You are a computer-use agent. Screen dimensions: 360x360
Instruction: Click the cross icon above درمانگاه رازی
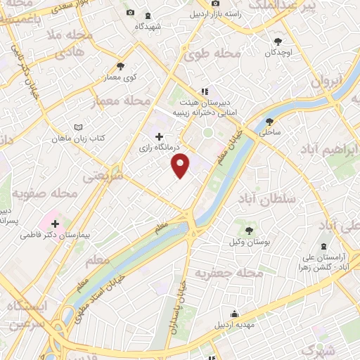(x=159, y=137)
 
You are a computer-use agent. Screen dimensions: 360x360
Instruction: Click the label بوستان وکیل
(x=250, y=242)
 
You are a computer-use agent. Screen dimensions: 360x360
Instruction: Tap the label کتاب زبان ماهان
(x=78, y=139)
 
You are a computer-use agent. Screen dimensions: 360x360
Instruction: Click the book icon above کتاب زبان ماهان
(x=78, y=128)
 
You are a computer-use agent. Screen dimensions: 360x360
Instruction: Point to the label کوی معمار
(x=121, y=78)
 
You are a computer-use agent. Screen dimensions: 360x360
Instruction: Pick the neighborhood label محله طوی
(x=217, y=53)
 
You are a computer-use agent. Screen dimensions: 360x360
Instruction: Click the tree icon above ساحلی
(x=269, y=121)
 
